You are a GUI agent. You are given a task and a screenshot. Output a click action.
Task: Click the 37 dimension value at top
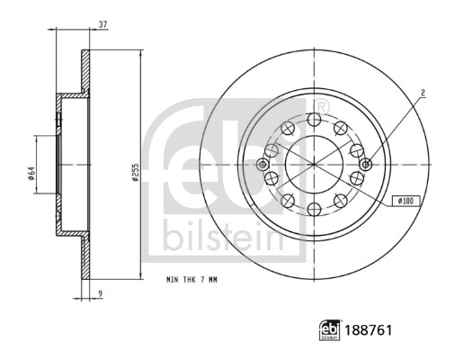point(103,24)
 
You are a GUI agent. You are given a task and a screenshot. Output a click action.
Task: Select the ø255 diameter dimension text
point(135,172)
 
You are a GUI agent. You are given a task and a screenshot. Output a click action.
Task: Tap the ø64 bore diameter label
point(31,174)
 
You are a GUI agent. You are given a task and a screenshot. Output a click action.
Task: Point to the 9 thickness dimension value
point(101,292)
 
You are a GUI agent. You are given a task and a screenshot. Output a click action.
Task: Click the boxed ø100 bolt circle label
point(406,201)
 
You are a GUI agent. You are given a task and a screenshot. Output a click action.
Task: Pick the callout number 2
point(423,94)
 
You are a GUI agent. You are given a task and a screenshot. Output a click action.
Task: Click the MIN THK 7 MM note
point(191,280)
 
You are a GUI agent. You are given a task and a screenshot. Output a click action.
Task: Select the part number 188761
point(369,330)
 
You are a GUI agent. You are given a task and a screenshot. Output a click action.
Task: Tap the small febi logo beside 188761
point(329,330)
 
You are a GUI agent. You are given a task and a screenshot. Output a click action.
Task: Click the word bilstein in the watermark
point(223,238)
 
